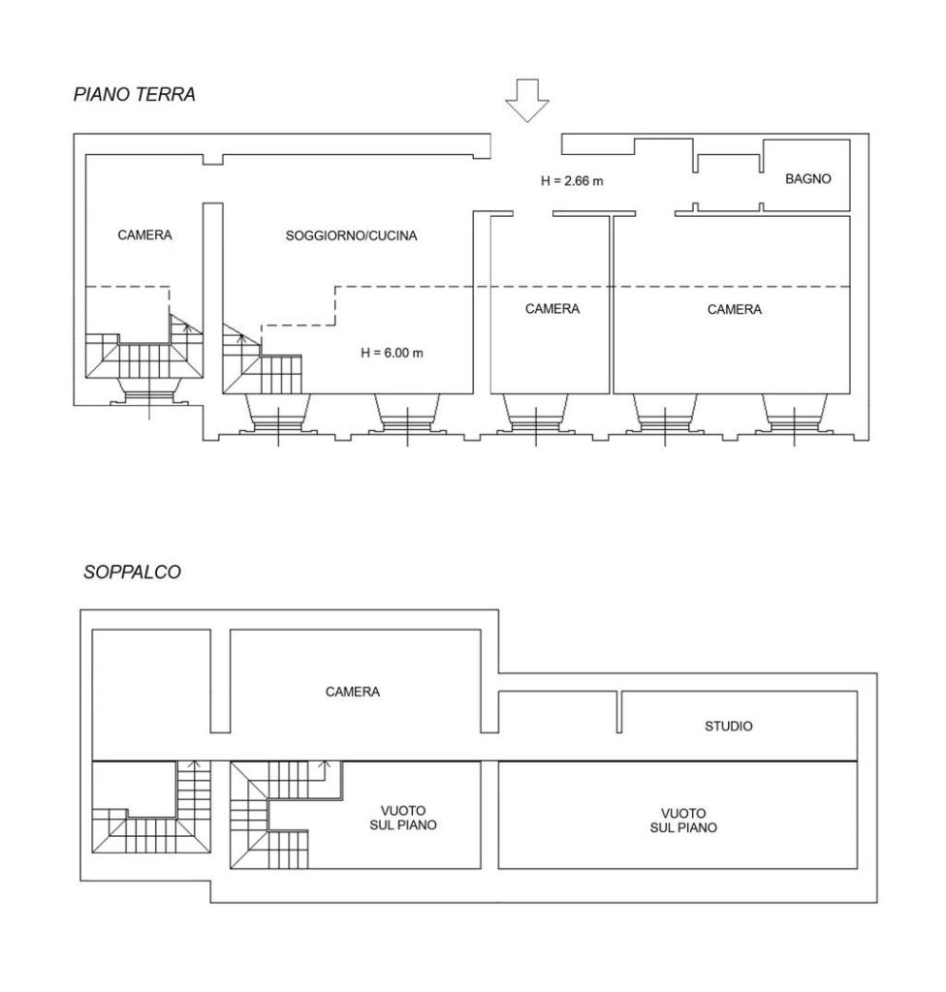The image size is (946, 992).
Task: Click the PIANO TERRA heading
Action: tap(134, 94)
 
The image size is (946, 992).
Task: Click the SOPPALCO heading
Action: tap(133, 572)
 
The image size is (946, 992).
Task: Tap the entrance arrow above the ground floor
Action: tap(527, 100)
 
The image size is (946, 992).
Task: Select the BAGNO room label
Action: tap(808, 179)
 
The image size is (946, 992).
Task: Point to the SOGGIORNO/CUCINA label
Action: tap(352, 236)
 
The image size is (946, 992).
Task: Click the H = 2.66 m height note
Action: tap(572, 181)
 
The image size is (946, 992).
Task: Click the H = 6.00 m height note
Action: tap(392, 353)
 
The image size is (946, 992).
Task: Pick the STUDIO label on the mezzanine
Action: tap(729, 727)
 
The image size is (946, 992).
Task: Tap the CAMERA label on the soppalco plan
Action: tap(353, 692)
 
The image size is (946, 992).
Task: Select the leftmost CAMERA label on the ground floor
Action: tap(145, 235)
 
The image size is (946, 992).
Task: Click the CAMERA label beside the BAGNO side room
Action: tap(735, 309)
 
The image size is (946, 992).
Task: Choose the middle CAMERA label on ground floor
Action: tap(552, 309)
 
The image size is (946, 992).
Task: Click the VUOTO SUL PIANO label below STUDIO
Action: tap(684, 821)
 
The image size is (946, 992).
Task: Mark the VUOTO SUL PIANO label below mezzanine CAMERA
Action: tap(403, 818)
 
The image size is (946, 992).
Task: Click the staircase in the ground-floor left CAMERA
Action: tap(144, 351)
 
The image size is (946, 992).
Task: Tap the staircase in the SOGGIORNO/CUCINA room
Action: tap(262, 359)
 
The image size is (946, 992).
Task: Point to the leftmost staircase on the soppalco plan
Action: tap(152, 807)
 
